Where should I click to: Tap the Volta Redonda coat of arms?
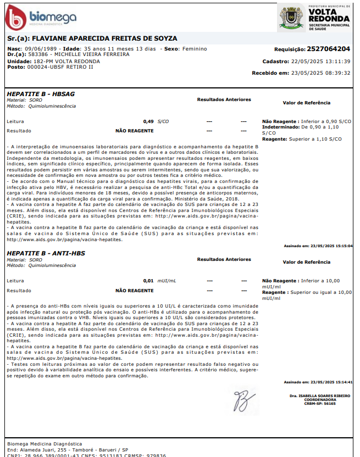click(x=290, y=18)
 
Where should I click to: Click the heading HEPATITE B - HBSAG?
click(x=41, y=94)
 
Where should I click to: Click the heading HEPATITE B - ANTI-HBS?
click(x=47, y=253)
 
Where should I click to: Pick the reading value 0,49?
click(x=148, y=121)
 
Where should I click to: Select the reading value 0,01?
click(x=148, y=280)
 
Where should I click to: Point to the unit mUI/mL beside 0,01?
click(x=167, y=280)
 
